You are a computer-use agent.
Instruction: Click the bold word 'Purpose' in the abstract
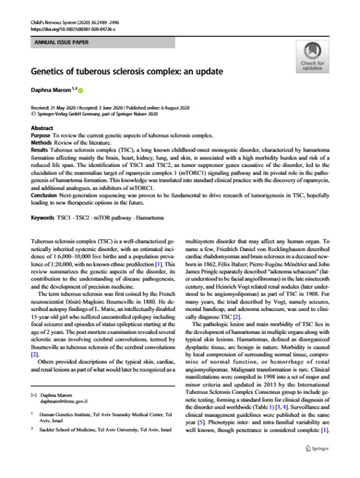(41, 135)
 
